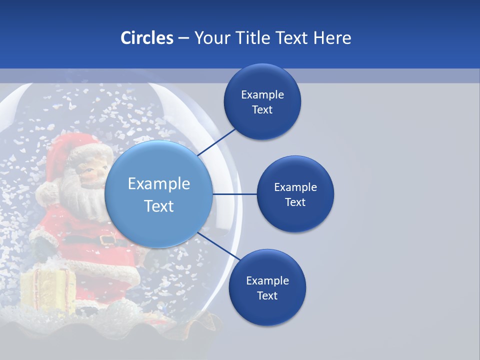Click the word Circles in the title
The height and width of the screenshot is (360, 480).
pos(147,38)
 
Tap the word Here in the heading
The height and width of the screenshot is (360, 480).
pos(332,38)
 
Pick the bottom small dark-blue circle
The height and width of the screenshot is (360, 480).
pos(267,310)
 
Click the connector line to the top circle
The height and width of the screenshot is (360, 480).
pos(217,141)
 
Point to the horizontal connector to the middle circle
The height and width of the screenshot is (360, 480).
pos(234,194)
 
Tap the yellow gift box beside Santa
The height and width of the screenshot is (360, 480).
pos(47,290)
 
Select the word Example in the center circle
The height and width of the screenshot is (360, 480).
pos(158,184)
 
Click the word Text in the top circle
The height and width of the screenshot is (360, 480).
pos(262,110)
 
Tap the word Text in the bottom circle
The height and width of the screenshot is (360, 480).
pos(267,296)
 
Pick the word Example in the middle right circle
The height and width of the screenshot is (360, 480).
pos(295,187)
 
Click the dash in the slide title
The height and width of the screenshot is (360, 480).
pos(183,38)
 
